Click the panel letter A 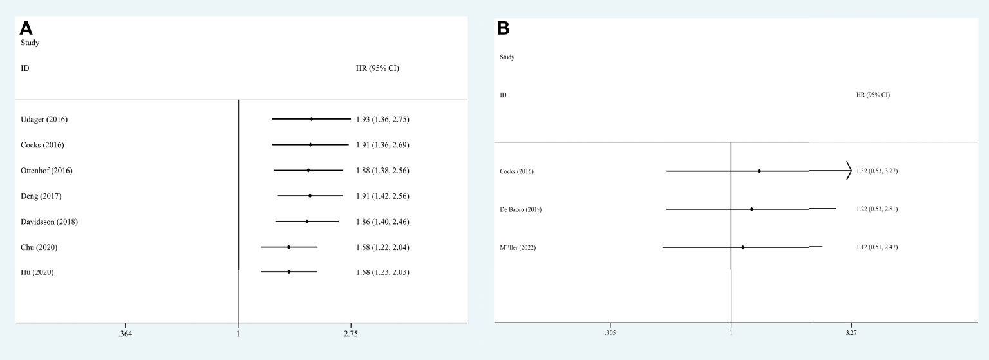point(26,28)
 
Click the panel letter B point(504,29)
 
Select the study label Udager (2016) point(44,119)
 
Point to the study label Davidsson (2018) point(50,222)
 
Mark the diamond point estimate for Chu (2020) point(288,247)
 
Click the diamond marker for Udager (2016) point(312,119)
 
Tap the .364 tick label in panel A point(125,334)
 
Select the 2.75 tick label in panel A point(351,334)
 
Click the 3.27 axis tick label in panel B point(851,333)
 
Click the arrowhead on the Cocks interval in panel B point(849,171)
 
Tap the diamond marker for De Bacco point(751,209)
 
